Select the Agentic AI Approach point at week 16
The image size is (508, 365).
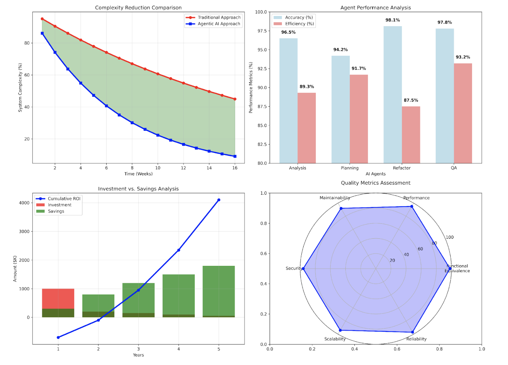click(235, 156)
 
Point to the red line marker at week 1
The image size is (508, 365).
click(42, 19)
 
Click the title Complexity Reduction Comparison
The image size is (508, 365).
click(138, 7)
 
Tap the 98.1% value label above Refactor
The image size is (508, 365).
click(393, 20)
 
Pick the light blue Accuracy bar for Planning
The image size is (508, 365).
click(340, 109)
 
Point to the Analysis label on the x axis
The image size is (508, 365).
click(298, 168)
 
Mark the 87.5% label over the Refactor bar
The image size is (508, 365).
click(411, 100)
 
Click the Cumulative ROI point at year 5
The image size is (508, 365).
click(219, 200)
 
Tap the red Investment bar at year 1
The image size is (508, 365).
click(58, 299)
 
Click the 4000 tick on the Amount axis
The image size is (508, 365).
click(24, 203)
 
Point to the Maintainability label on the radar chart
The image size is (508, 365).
click(335, 198)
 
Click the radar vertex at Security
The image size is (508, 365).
click(303, 269)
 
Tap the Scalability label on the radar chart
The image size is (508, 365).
click(335, 339)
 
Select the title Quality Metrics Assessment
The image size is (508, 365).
click(376, 183)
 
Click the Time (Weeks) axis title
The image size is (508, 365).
click(138, 174)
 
